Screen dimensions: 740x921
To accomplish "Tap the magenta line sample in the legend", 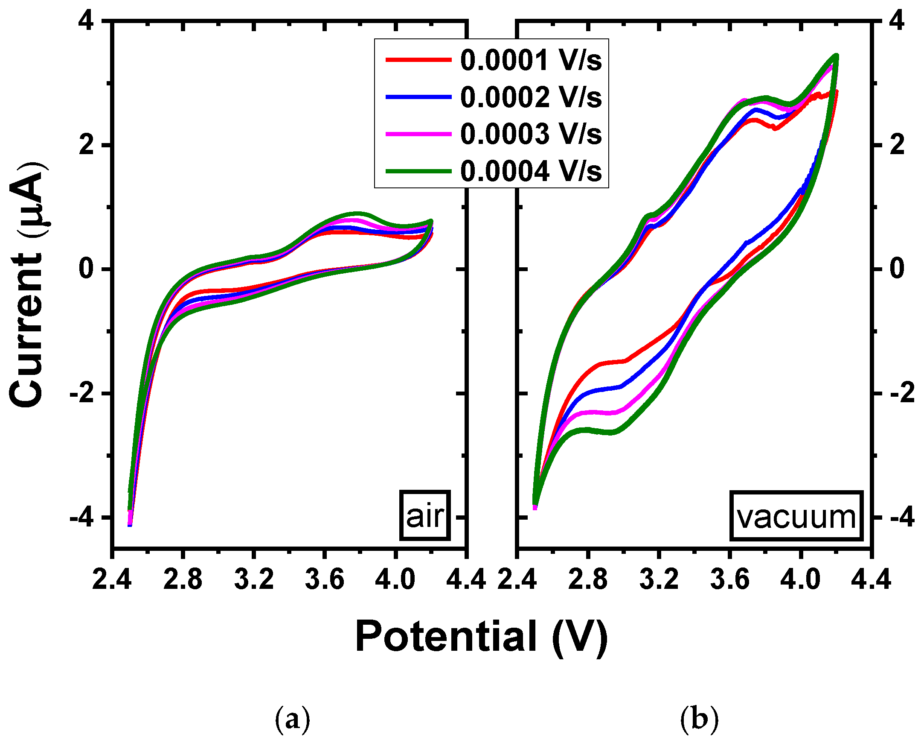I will [x=418, y=134].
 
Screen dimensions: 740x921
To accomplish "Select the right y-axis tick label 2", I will [x=898, y=145].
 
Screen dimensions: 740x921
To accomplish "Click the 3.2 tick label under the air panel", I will [x=254, y=580].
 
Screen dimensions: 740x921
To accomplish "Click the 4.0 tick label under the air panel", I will [x=395, y=580].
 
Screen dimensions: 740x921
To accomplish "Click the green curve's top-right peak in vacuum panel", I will [x=836, y=56].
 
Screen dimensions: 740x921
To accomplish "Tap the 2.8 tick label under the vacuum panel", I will [x=588, y=580].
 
